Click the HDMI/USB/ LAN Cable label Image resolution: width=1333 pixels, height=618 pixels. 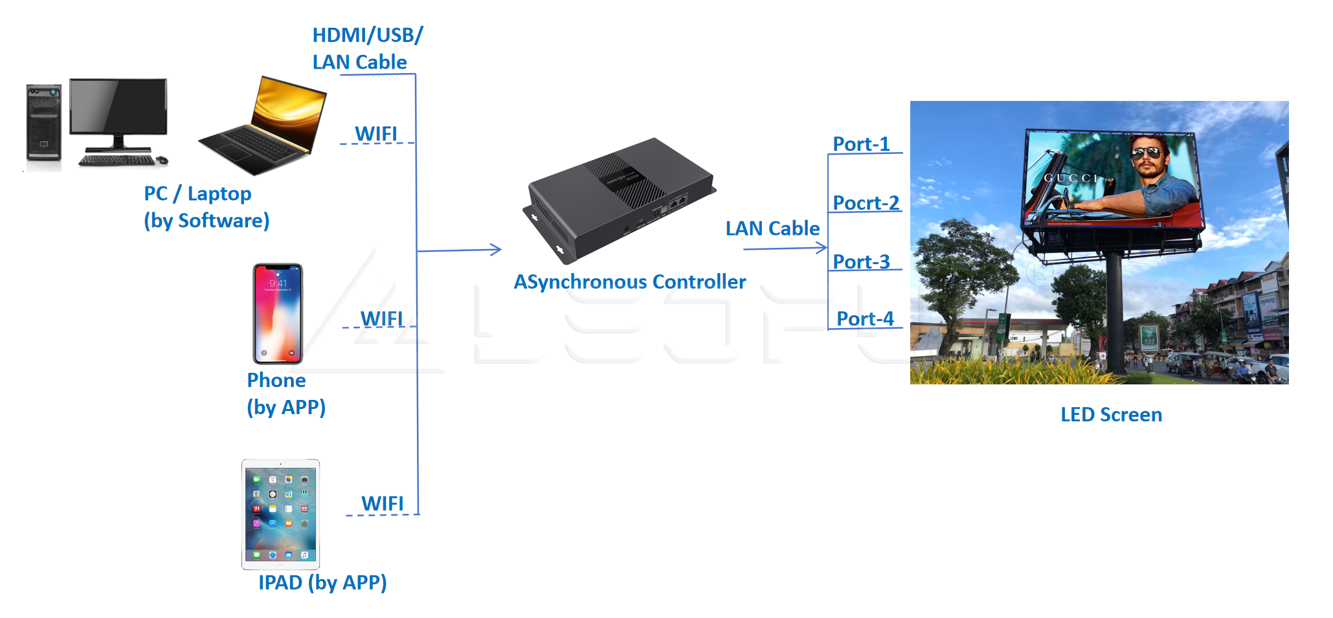[x=367, y=49]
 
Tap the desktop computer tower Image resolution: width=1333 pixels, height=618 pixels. [x=43, y=122]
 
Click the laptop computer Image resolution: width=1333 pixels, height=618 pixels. [x=265, y=126]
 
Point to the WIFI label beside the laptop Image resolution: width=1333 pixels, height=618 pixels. [x=376, y=134]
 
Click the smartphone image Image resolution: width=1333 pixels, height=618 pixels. [x=278, y=313]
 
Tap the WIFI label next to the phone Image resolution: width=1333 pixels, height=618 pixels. [x=382, y=319]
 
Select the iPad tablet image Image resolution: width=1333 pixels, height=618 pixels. [x=280, y=514]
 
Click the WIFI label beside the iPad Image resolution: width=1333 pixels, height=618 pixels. [x=383, y=503]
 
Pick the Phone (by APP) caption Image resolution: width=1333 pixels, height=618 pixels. [x=286, y=393]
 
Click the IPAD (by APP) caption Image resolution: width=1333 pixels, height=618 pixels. [x=322, y=582]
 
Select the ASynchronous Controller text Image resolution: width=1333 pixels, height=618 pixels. [x=629, y=282]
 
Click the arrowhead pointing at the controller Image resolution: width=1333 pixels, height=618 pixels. [x=496, y=249]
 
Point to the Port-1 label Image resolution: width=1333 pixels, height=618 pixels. [x=861, y=144]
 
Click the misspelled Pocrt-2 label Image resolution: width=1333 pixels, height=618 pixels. [x=866, y=203]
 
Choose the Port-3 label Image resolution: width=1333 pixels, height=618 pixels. [x=861, y=261]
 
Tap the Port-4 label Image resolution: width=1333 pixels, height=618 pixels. [x=865, y=318]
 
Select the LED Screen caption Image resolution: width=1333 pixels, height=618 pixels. [x=1111, y=415]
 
